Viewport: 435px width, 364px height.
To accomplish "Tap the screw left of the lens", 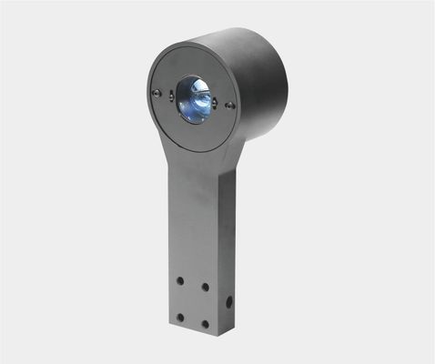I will (x=158, y=94).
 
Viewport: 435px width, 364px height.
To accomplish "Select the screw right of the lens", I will (x=230, y=106).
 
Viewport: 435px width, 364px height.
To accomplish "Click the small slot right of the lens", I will (x=217, y=103).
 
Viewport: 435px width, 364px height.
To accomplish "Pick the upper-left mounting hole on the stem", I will (x=181, y=281).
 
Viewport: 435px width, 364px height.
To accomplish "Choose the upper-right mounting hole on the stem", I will (x=205, y=288).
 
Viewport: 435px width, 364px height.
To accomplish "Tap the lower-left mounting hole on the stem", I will (x=180, y=317).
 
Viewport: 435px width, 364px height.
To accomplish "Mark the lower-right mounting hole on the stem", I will (x=205, y=323).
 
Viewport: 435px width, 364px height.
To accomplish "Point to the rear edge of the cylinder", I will (x=283, y=73).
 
